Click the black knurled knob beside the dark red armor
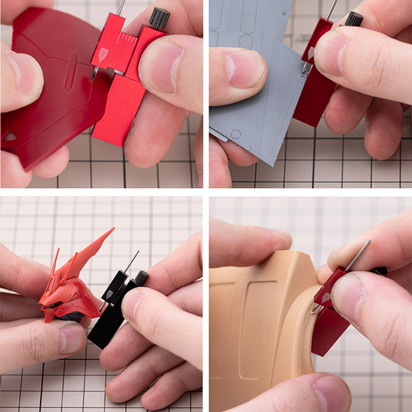coord(159,19)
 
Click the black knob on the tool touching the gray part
coord(354,19)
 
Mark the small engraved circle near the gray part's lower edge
coord(236,134)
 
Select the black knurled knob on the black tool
coord(142,277)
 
